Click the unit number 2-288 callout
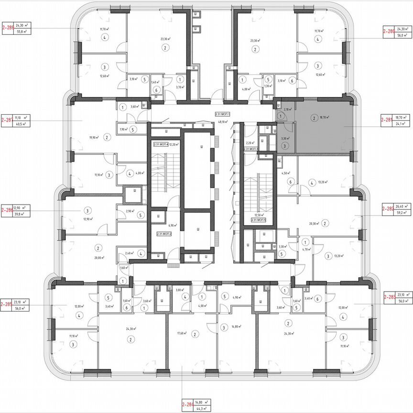tap(7, 28)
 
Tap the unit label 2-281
tap(387, 120)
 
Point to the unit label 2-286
tap(7, 209)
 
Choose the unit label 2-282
tap(387, 208)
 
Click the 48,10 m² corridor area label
tap(223, 121)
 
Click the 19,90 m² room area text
tap(94, 138)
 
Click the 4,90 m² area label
tap(238, 297)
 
